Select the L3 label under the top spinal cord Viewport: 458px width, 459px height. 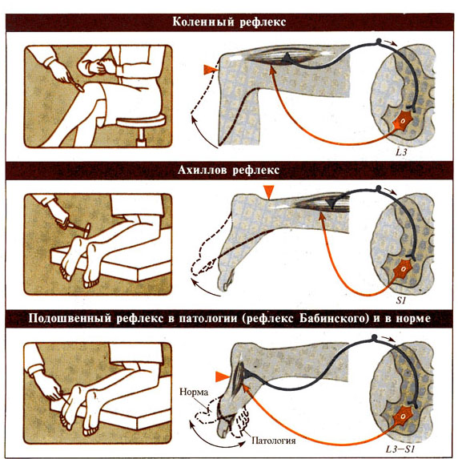pyautogui.click(x=401, y=152)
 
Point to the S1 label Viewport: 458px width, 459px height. pyautogui.click(x=401, y=300)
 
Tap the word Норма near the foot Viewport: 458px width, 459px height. pyautogui.click(x=194, y=392)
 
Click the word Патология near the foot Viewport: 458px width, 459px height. pyautogui.click(x=274, y=441)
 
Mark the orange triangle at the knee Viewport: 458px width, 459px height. pyautogui.click(x=210, y=70)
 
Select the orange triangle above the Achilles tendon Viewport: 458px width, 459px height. pyautogui.click(x=269, y=191)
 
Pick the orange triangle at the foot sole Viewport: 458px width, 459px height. pyautogui.click(x=222, y=376)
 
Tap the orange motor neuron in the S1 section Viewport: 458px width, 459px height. pyautogui.click(x=403, y=269)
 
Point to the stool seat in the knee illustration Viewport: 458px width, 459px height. pyautogui.click(x=141, y=121)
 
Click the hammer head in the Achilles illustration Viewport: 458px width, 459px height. pyautogui.click(x=87, y=229)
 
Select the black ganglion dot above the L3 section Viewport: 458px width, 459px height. pyautogui.click(x=379, y=41)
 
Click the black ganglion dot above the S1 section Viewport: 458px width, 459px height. pyautogui.click(x=379, y=187)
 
